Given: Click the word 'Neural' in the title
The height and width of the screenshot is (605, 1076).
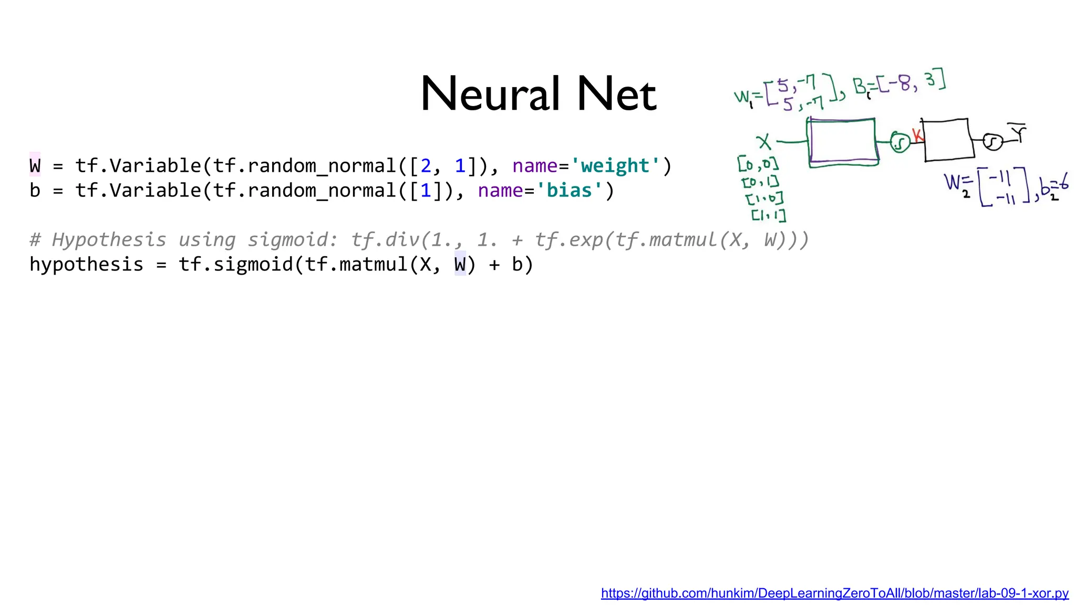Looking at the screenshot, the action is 490,95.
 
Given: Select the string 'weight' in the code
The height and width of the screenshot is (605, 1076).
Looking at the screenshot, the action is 615,166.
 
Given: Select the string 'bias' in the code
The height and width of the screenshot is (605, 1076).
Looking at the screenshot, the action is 569,191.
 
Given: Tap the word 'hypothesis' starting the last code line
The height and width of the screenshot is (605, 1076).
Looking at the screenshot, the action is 86,264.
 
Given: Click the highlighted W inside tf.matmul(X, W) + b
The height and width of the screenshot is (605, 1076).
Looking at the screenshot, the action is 460,264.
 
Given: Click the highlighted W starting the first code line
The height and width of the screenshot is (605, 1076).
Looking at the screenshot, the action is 35,166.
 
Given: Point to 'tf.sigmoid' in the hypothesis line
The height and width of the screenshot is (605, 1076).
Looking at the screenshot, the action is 235,264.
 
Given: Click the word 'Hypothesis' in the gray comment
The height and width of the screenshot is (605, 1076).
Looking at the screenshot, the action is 109,240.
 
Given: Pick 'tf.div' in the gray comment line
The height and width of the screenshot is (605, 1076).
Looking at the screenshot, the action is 385,240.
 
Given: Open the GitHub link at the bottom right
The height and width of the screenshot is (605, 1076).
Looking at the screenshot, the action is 834,593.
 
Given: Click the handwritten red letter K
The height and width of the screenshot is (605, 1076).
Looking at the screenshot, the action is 917,135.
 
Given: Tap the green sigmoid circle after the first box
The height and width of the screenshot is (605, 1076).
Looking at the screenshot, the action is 900,142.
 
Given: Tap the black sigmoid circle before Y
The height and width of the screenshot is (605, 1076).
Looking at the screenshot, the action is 992,142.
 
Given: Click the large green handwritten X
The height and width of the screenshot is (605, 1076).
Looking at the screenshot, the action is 763,142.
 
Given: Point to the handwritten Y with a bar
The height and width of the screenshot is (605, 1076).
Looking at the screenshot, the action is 1019,133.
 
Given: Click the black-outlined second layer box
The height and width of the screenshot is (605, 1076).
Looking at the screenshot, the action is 948,140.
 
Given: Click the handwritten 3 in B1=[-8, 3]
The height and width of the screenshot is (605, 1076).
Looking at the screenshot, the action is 930,80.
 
